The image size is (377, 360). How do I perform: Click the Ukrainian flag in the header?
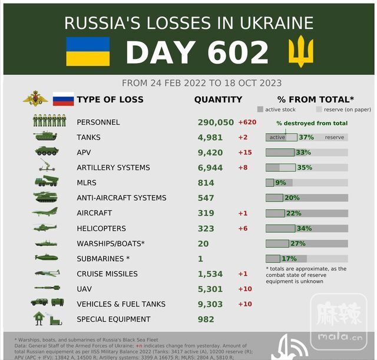[88, 51]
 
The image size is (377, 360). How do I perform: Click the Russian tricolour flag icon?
[63, 99]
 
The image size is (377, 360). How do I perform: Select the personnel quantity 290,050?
[216, 122]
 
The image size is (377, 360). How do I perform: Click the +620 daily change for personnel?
[247, 122]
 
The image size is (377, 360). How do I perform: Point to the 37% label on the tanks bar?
[306, 137]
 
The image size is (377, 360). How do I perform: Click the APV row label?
[84, 153]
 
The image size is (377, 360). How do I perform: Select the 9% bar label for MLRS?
[280, 183]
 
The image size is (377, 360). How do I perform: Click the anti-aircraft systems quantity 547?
[207, 198]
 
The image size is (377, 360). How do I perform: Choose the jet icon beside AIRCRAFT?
[45, 212]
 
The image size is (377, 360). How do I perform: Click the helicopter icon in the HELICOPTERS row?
[45, 228]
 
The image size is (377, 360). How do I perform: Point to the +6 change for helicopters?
[243, 229]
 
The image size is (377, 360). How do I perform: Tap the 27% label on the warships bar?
[297, 243]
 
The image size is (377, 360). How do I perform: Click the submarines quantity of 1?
[200, 259]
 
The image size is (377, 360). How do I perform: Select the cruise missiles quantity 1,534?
[211, 274]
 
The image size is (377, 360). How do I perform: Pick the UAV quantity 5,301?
[211, 289]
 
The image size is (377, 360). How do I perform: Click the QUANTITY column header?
[218, 100]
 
